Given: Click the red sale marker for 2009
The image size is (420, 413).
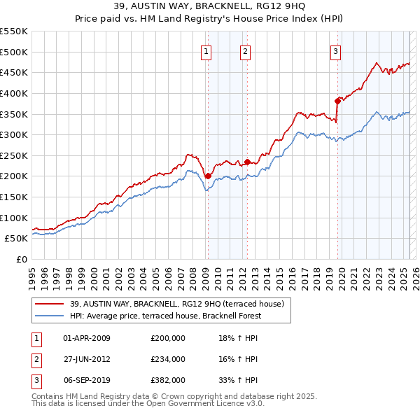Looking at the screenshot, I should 208,176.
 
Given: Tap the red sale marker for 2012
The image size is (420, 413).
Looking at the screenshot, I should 247,162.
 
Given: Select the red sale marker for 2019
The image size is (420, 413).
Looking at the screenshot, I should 337,101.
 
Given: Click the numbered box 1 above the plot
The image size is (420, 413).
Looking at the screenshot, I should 207,50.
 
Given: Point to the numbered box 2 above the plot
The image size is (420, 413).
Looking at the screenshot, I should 246,50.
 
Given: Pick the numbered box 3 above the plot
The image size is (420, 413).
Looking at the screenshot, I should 335,50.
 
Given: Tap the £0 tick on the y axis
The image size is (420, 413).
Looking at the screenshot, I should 23,259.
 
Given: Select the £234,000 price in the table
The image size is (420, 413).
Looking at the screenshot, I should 168,359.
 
